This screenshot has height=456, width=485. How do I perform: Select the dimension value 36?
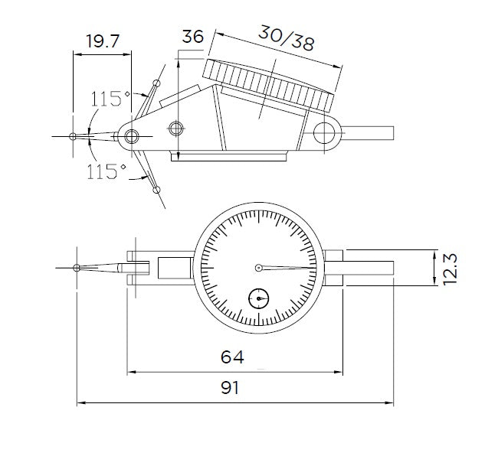193,37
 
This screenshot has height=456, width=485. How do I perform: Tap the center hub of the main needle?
260,267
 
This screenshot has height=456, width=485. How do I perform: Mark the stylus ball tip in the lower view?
77,268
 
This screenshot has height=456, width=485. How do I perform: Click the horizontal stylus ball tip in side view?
73,137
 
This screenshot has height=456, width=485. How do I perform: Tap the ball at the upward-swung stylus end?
156,83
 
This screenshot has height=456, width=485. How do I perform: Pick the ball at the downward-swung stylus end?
157,190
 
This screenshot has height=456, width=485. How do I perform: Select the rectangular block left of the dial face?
175,269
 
